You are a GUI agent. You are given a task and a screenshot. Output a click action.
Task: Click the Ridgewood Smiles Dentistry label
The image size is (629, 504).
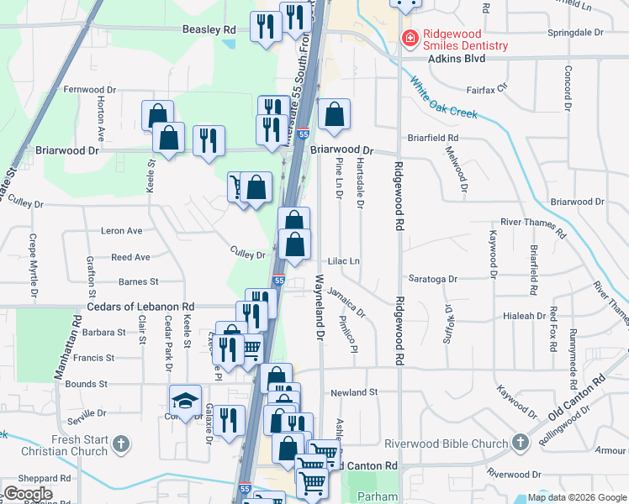[x=465, y=45]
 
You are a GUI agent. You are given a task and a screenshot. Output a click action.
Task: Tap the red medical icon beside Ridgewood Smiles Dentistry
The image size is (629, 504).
[x=410, y=38]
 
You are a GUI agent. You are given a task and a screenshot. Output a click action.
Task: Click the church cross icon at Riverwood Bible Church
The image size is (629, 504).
[x=521, y=442]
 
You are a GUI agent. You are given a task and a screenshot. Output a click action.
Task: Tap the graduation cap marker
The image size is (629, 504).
[x=186, y=400]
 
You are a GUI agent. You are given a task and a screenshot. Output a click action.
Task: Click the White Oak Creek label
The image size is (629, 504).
[x=445, y=98]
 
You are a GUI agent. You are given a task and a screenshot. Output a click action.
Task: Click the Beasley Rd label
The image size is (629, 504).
[x=209, y=29]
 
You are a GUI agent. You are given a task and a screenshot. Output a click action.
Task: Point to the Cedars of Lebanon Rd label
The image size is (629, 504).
[x=141, y=307]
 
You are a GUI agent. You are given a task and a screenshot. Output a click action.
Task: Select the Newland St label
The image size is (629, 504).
[x=355, y=392]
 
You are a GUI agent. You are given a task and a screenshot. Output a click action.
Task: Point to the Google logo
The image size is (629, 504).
[x=28, y=494]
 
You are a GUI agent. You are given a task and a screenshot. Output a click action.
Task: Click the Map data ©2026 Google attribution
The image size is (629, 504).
[x=576, y=497]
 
